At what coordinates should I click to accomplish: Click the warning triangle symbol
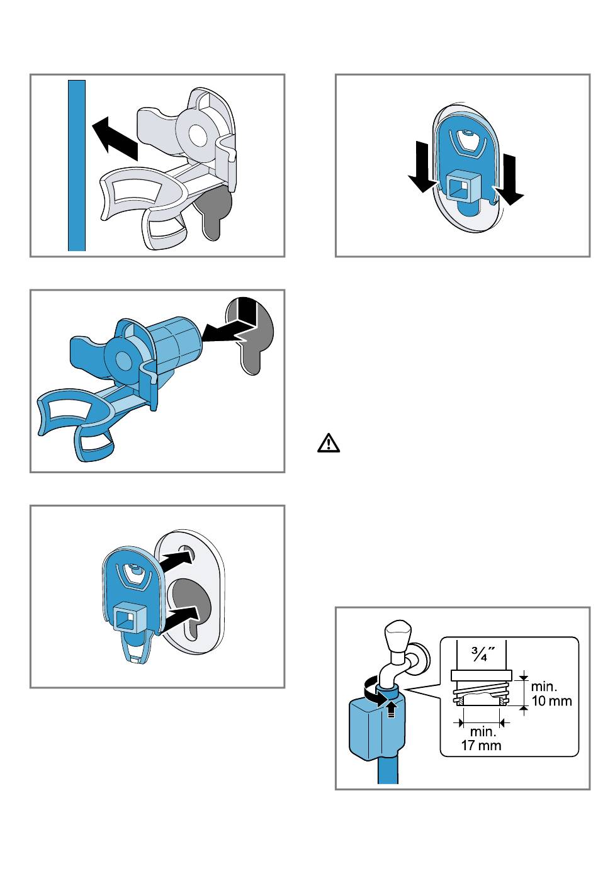point(328,444)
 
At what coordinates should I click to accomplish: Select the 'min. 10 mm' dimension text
point(551,693)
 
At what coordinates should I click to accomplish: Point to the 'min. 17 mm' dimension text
point(482,738)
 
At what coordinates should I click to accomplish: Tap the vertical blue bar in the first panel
point(77,166)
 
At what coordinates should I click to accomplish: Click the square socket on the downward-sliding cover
point(460,187)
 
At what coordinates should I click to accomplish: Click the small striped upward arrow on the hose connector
point(392,709)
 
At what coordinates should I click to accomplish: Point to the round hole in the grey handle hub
point(197,133)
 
